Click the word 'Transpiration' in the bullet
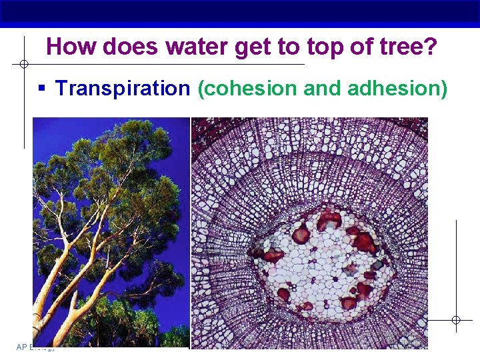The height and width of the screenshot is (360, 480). point(123,88)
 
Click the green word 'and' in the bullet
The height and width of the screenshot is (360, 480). point(323,88)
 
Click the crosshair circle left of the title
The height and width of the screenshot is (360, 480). point(23,65)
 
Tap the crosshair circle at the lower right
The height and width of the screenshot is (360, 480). point(456,320)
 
